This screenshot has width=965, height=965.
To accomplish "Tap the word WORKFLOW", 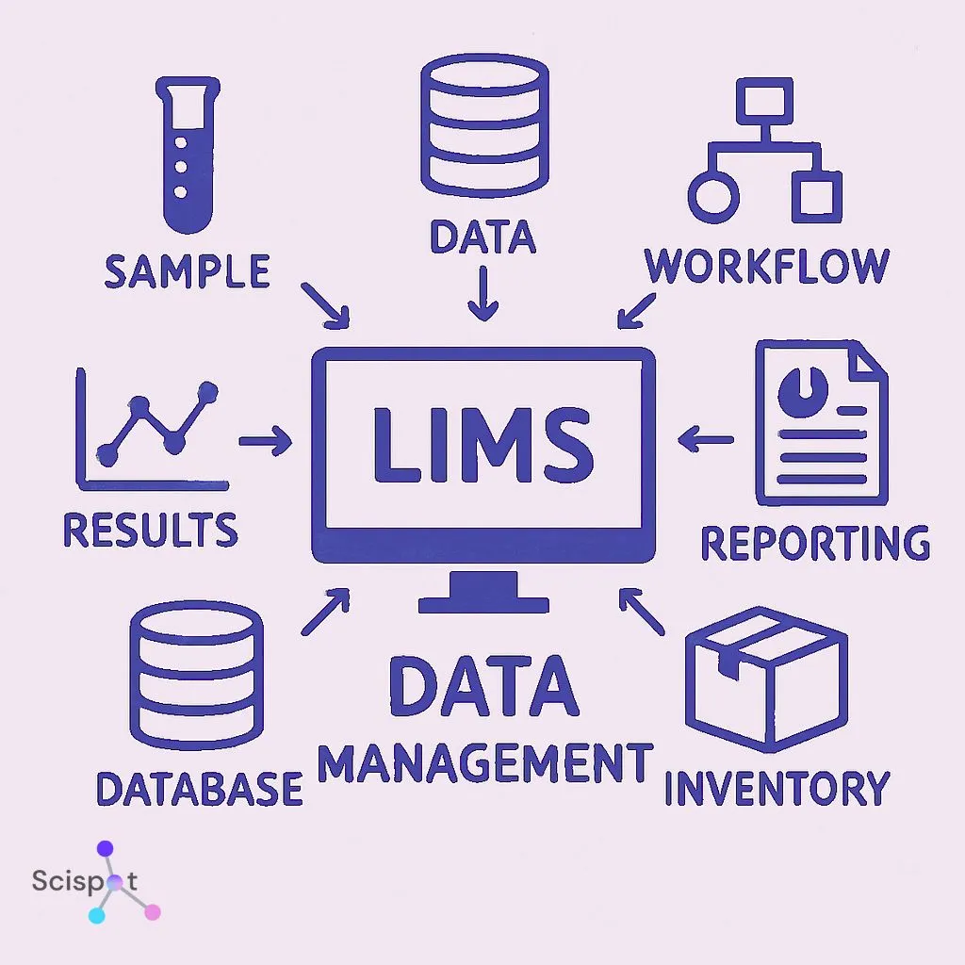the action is [766, 267].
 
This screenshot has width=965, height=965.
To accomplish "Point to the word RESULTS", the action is [150, 531].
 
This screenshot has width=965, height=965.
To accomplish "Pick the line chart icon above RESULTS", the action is [151, 429].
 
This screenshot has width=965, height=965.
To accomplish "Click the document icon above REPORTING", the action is [821, 423].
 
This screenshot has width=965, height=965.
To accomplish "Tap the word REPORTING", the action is [815, 544].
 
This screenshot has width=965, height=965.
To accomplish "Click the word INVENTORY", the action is [776, 788].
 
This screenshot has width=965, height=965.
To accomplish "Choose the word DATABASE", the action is [200, 788].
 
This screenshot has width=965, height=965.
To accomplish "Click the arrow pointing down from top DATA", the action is [483, 293].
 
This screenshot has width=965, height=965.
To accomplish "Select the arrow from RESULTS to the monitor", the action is [265, 440].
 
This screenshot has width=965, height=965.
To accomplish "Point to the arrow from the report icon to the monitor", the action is [705, 438].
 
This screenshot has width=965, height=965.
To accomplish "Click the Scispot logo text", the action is [85, 881].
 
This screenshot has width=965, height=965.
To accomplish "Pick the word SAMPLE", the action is [187, 271].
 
